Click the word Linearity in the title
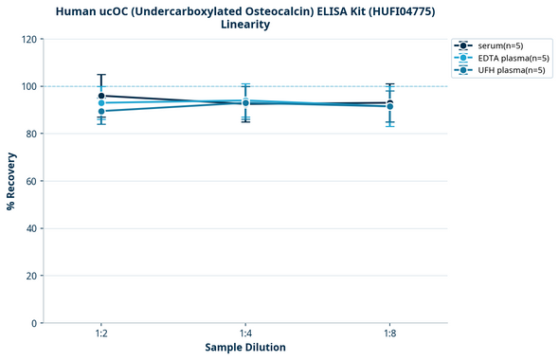point(245,25)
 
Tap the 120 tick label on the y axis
point(28,39)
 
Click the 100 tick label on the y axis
point(28,86)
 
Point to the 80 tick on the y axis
point(31,134)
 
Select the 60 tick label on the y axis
point(31,181)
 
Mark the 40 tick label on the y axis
point(31,228)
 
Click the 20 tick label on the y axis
point(31,276)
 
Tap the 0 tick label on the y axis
point(34,323)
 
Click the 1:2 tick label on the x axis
point(101,334)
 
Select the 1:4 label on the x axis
point(245,334)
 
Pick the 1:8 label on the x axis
point(389,334)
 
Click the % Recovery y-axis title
point(11,180)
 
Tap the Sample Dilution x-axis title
point(245,348)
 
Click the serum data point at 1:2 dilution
point(101,96)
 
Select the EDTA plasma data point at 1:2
point(101,103)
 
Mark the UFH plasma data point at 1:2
point(101,112)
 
